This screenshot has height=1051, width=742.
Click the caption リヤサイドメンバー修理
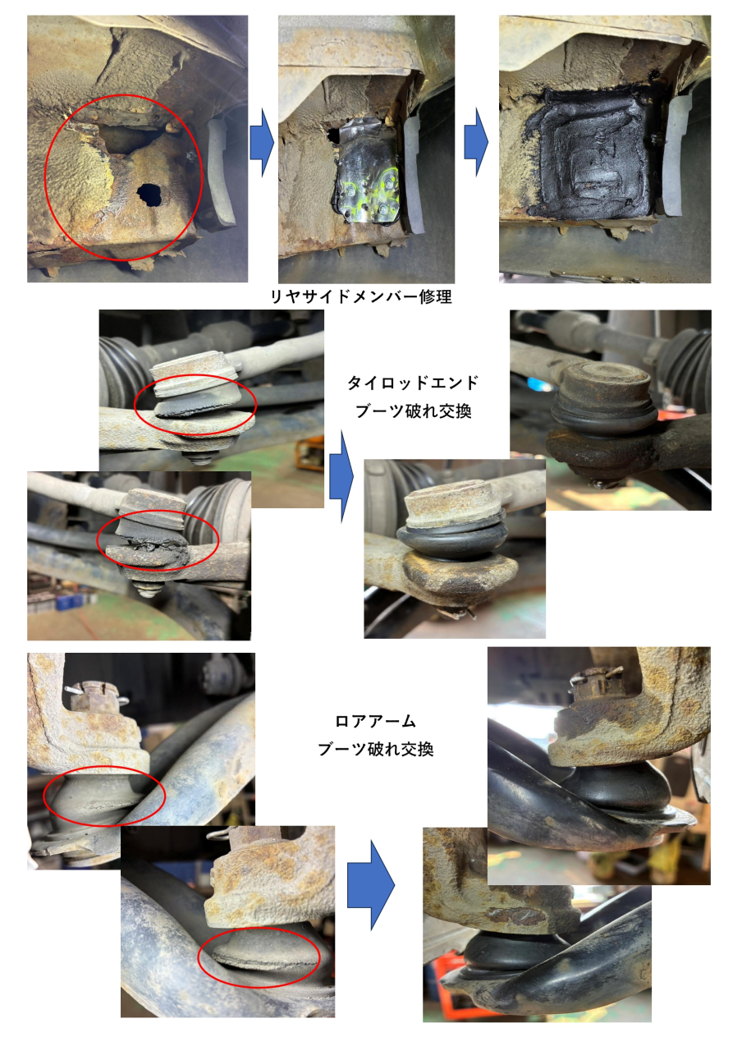361,296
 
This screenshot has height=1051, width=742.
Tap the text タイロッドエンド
413,383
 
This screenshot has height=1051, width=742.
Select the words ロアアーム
375,721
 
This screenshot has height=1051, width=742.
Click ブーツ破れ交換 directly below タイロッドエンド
413,411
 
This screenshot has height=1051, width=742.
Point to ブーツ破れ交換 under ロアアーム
375,749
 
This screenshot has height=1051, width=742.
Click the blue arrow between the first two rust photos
262,143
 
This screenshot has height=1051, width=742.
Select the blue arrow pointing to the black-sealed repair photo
476,142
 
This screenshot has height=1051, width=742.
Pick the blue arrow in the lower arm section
370,885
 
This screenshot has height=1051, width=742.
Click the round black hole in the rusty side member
149,195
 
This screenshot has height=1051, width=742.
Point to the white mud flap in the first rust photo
221,172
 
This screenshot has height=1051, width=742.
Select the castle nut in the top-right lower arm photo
597,685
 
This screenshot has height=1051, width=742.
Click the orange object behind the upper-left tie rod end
309,452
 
